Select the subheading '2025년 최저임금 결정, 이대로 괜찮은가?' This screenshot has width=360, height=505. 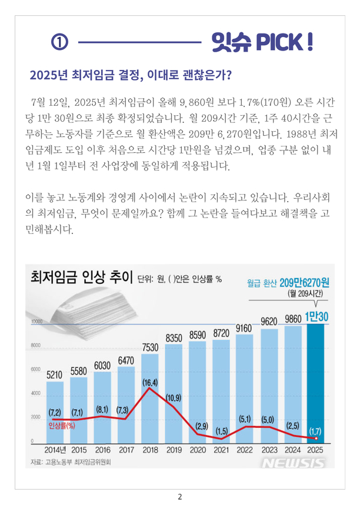pos(129,75)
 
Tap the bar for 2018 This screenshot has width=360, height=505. pos(150,400)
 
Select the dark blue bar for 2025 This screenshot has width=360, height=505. pos(316,382)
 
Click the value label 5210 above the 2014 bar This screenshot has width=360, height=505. pos(55,374)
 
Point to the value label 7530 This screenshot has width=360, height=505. pos(150,347)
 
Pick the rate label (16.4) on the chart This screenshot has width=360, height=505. pos(150,383)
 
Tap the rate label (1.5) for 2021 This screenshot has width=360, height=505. pos(221,431)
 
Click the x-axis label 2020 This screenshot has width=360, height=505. pos(198,452)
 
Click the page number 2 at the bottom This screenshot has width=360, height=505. pos(179,497)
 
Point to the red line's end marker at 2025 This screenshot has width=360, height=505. pos(316,439)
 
